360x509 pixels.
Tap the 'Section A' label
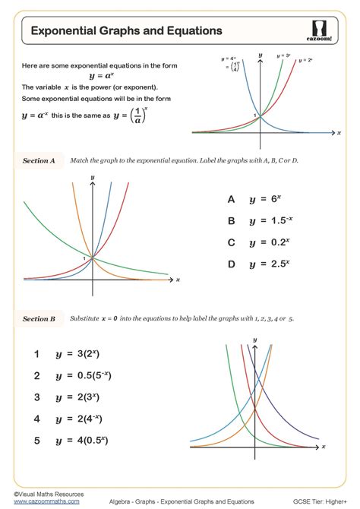pyautogui.click(x=39, y=161)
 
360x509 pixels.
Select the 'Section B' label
pyautogui.click(x=39, y=319)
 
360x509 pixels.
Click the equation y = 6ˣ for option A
pyautogui.click(x=265, y=199)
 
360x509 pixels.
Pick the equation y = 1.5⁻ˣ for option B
pyautogui.click(x=269, y=220)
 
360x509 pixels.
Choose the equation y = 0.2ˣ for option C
pyautogui.click(x=269, y=242)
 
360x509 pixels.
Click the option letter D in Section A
pyautogui.click(x=231, y=264)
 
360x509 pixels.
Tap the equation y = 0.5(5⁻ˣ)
pyautogui.click(x=83, y=375)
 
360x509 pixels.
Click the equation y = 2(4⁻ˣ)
pyautogui.click(x=79, y=418)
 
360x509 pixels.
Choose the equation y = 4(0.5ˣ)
pyautogui.click(x=81, y=439)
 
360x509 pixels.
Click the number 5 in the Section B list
pyautogui.click(x=36, y=439)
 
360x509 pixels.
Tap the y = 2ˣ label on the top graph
pyautogui.click(x=305, y=59)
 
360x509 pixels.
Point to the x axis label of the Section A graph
pyautogui.click(x=178, y=280)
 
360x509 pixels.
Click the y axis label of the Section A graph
pyautogui.click(x=92, y=177)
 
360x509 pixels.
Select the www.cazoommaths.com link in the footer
pyautogui.click(x=36, y=501)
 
